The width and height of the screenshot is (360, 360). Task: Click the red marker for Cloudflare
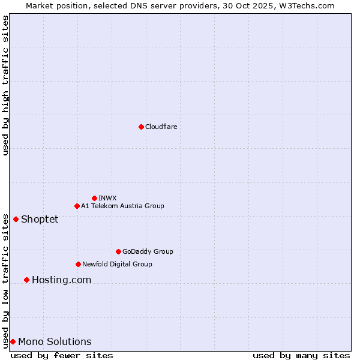point(141,127)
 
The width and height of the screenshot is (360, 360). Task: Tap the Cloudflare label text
point(161,127)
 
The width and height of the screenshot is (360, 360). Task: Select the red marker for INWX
point(94,198)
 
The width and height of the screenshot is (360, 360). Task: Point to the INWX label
point(107,198)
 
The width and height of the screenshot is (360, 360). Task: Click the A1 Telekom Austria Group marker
point(77,206)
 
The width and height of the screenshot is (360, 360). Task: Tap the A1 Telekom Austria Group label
point(122,206)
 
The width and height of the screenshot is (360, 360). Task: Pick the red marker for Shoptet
point(16,219)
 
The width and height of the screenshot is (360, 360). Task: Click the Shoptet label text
point(40,219)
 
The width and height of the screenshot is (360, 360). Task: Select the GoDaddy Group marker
point(118,251)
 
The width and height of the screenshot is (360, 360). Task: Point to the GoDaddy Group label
point(148,251)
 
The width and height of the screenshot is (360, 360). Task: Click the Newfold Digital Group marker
point(78,264)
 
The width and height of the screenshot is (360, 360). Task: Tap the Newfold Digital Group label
point(117,264)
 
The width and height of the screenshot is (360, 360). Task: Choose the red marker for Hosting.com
point(26,280)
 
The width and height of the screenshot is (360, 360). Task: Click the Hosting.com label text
point(61,280)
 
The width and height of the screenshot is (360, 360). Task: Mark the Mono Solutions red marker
point(13,341)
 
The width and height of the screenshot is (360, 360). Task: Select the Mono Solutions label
point(55,342)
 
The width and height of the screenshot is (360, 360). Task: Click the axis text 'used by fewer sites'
point(62,355)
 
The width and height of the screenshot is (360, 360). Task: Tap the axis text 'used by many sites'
point(301,355)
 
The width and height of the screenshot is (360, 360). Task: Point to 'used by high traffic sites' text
point(5,85)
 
